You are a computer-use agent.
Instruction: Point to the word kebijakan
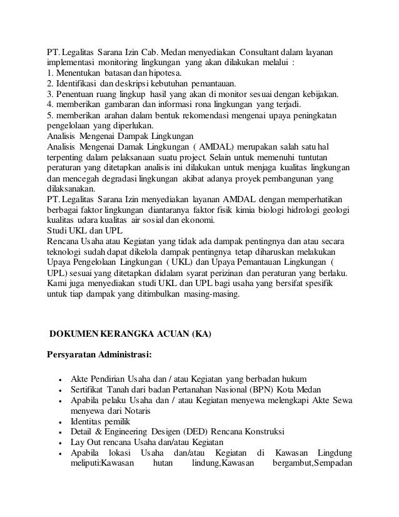[x=319, y=95]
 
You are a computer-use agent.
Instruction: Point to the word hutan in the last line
[x=165, y=464]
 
